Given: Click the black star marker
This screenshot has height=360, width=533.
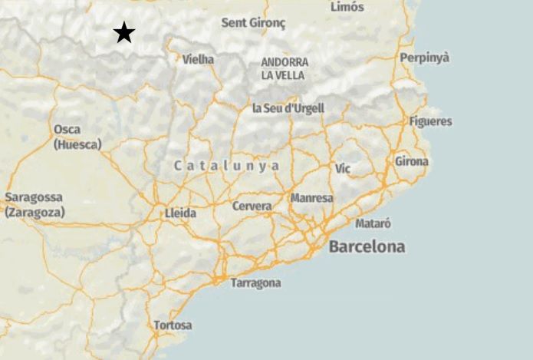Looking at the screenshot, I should click(124, 33).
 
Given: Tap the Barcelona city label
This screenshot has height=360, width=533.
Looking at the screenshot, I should click(367, 247).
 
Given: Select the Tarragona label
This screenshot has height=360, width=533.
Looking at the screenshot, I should click(255, 283).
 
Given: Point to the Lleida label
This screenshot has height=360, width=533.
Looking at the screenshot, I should click(180, 213).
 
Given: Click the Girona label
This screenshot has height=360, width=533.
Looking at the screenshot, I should click(412, 161).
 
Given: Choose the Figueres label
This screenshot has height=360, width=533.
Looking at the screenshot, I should click(430, 121).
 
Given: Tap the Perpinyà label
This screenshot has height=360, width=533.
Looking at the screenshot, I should click(424, 58).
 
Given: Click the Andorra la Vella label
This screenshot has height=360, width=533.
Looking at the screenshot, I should click(284, 68).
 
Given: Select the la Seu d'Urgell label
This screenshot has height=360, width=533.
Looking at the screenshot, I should click(288, 108).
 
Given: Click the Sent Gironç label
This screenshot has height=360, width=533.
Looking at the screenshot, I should click(253, 23).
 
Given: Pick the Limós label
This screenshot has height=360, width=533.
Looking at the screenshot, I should click(347, 7).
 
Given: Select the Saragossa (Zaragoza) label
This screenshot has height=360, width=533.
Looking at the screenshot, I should click(35, 205).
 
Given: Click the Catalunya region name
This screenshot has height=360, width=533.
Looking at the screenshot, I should click(226, 166).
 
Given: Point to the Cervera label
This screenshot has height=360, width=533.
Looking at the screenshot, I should click(252, 206).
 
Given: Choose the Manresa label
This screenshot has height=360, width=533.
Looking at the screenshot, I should click(311, 198).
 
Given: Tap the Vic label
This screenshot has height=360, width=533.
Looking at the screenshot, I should click(343, 167).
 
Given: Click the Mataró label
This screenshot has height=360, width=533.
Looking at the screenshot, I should click(373, 224).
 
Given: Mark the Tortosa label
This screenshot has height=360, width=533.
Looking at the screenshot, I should click(173, 325).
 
